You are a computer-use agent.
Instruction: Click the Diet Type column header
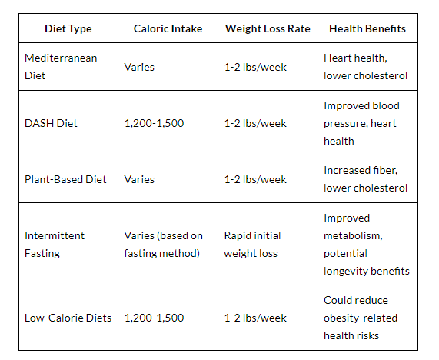coord(68,28)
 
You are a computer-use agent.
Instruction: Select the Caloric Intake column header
coord(168,28)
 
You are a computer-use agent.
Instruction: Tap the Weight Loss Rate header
coord(268,28)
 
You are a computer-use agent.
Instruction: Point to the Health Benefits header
coord(367,28)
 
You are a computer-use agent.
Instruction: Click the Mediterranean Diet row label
coord(61,67)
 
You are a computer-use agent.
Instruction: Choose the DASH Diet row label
coord(51,123)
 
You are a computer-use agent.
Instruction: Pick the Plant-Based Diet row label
coord(65,179)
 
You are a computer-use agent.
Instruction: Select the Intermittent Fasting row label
coord(55,245)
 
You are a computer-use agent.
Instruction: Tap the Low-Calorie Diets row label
coord(68,318)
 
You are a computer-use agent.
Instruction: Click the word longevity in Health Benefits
coord(344,272)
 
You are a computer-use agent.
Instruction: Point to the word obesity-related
coord(361,318)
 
